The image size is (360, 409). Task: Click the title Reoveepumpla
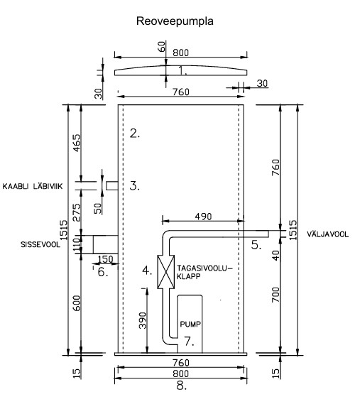[x=175, y=21]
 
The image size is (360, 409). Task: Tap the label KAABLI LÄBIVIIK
[x=33, y=186]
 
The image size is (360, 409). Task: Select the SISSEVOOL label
[x=40, y=244]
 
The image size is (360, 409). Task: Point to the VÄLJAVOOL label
[x=327, y=234]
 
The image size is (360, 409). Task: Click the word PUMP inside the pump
[x=190, y=325]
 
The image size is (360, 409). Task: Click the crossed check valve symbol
[x=166, y=272]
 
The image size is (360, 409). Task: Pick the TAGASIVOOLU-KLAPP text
[x=204, y=272]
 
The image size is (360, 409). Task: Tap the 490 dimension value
[x=204, y=217]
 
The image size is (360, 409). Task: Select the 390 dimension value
[x=143, y=320]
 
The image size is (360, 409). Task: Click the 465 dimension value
[x=77, y=143]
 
